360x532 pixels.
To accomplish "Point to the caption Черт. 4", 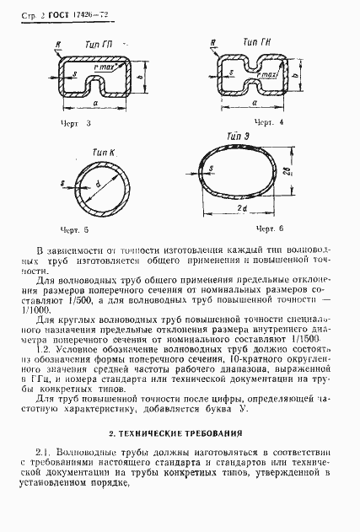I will [244, 123].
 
